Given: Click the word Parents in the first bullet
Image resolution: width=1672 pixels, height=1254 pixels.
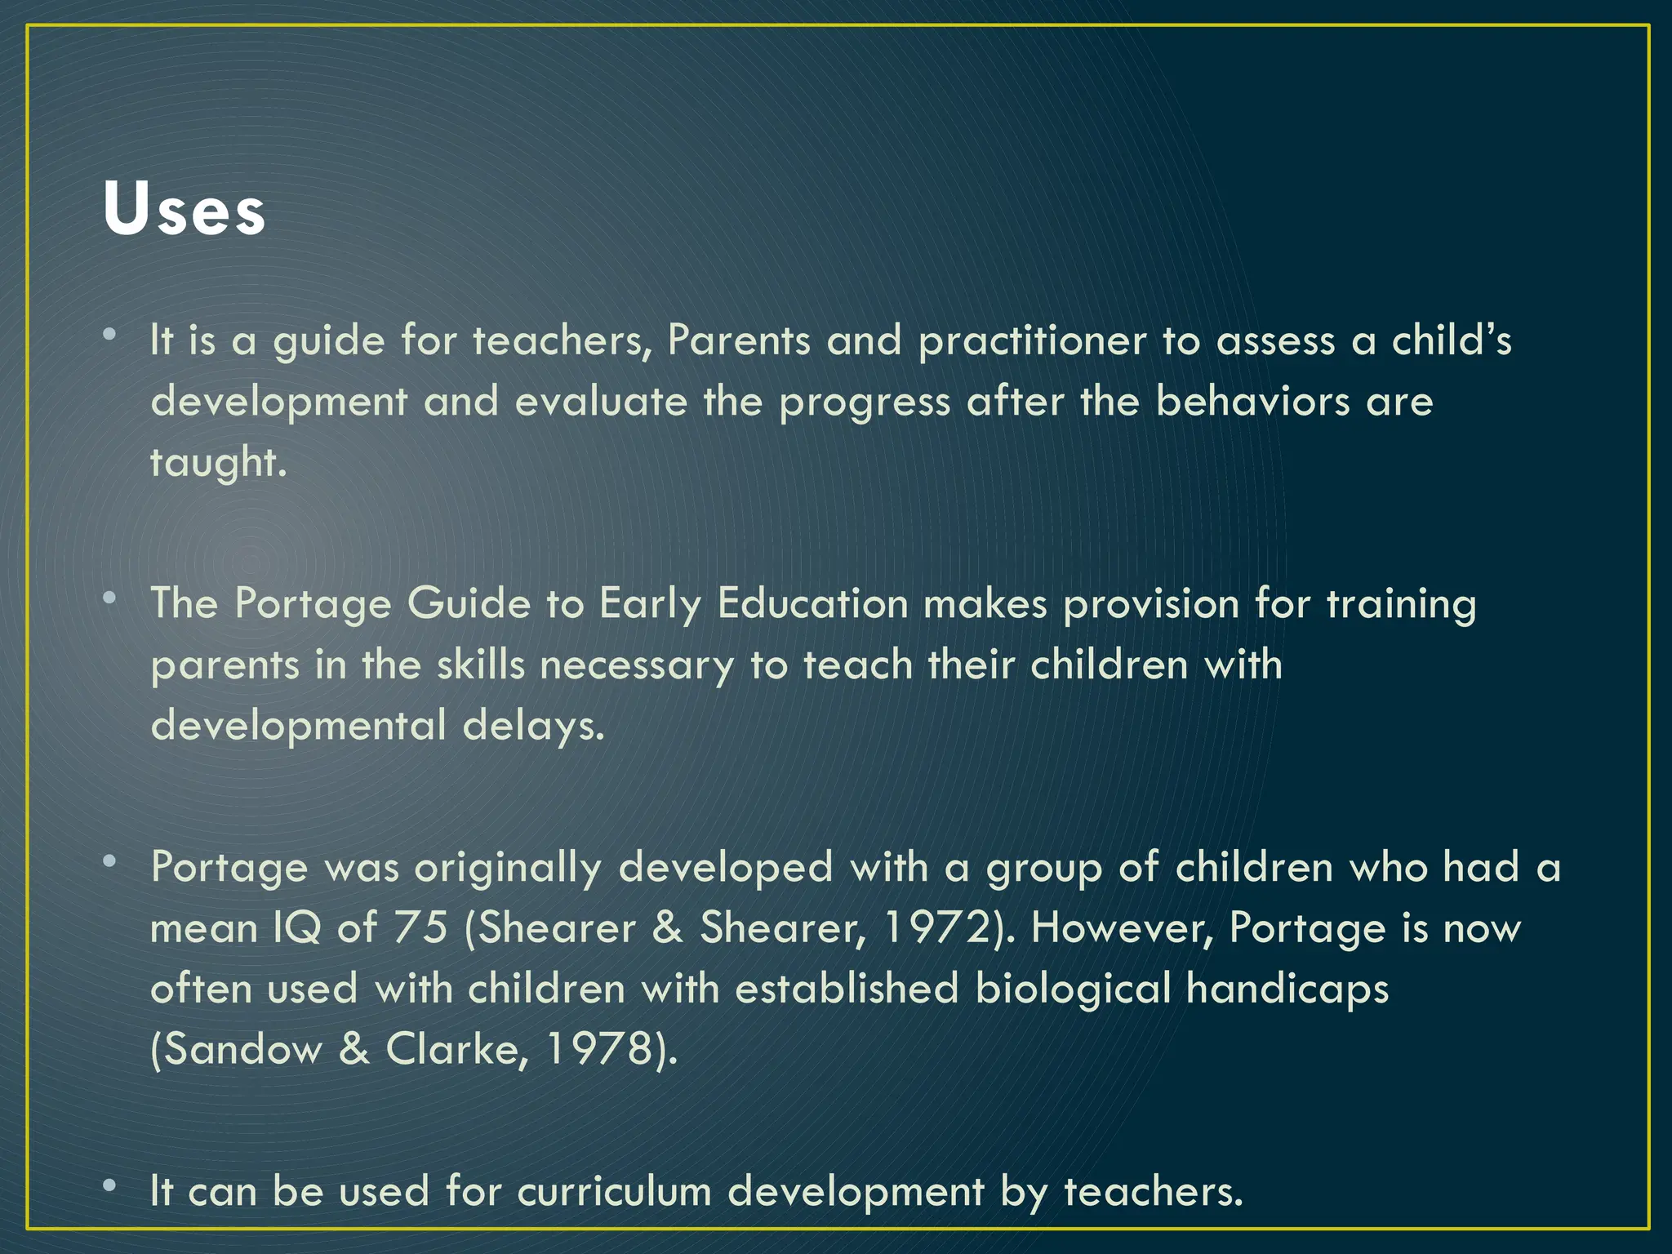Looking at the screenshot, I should click(739, 340).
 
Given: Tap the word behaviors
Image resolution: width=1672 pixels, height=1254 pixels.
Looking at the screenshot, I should click(1252, 401).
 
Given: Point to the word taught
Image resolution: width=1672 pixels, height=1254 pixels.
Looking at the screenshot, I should click(217, 463).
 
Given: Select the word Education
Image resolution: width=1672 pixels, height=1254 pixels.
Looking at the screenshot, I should click(812, 604).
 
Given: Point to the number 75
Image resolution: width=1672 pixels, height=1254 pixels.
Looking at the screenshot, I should click(421, 927).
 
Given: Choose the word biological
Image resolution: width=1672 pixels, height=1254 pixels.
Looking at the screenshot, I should click(1073, 989).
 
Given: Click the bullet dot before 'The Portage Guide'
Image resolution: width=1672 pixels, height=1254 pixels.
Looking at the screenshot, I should click(109, 598).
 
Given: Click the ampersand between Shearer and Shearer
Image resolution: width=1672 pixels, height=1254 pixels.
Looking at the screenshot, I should click(668, 928).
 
